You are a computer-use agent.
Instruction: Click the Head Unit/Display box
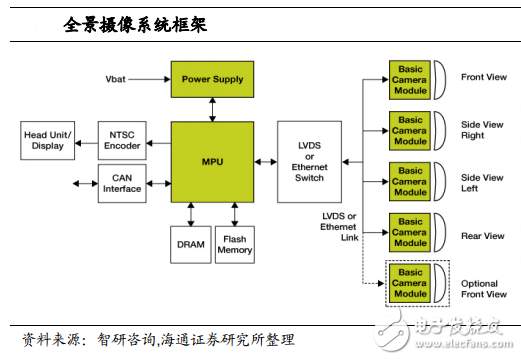(46, 138)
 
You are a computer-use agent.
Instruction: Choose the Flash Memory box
(235, 243)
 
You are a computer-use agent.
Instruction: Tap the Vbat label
(116, 78)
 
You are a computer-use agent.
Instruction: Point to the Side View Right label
(478, 131)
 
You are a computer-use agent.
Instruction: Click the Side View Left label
(478, 181)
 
